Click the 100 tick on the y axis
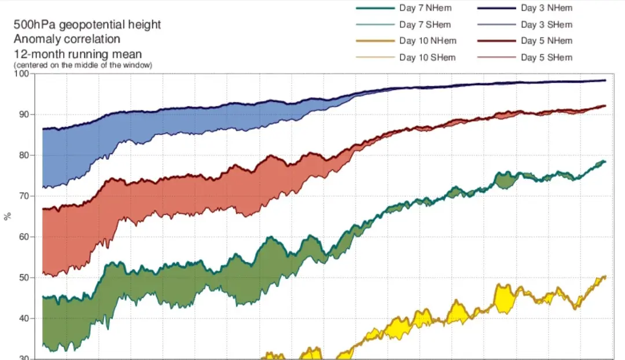pyautogui.click(x=25, y=74)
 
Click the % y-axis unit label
pyautogui.click(x=8, y=216)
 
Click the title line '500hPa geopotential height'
pyautogui.click(x=87, y=25)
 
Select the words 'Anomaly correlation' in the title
pyautogui.click(x=67, y=39)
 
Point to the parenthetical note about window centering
pyautogui.click(x=83, y=65)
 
